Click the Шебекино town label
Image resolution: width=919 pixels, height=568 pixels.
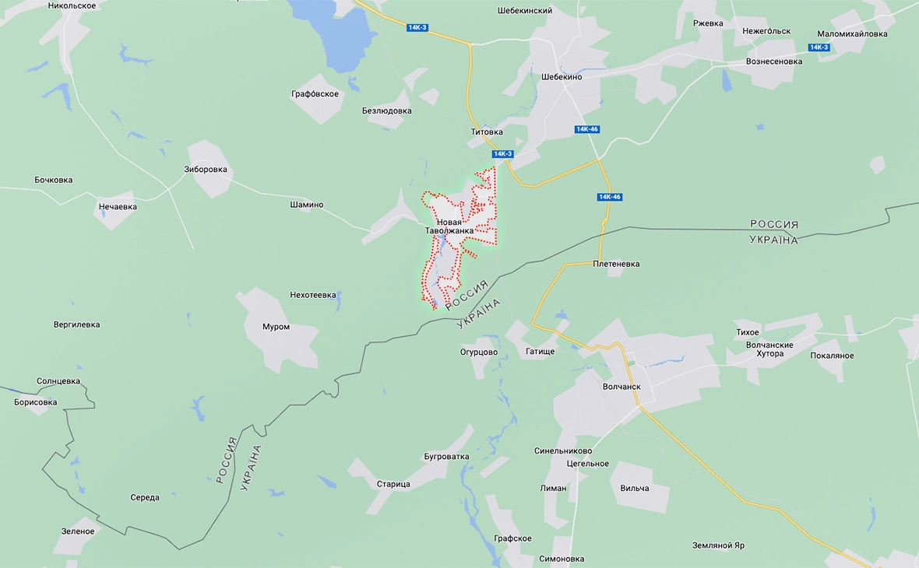pyautogui.click(x=562, y=77)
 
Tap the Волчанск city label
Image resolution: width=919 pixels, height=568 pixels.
pyautogui.click(x=621, y=386)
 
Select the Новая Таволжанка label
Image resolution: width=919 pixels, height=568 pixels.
pyautogui.click(x=449, y=226)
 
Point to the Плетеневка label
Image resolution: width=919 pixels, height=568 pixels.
pyautogui.click(x=616, y=264)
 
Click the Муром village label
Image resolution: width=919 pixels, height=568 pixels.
pyautogui.click(x=276, y=327)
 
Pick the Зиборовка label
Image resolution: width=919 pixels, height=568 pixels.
pyautogui.click(x=206, y=170)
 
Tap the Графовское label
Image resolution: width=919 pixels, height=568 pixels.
pyautogui.click(x=315, y=94)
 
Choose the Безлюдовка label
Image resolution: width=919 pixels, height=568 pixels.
pyautogui.click(x=387, y=110)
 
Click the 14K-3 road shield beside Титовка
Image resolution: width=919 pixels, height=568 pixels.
pyautogui.click(x=503, y=154)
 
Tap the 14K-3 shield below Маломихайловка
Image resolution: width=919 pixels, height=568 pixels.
pyautogui.click(x=819, y=47)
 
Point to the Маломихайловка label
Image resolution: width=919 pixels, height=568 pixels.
pyautogui.click(x=852, y=34)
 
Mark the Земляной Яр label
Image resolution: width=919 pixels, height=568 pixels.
pyautogui.click(x=718, y=545)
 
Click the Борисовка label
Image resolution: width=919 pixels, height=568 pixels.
pyautogui.click(x=36, y=402)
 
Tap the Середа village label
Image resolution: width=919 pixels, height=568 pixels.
pyautogui.click(x=145, y=497)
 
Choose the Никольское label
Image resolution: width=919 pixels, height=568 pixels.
pyautogui.click(x=72, y=5)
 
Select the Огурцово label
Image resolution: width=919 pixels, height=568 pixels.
pyautogui.click(x=478, y=352)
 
